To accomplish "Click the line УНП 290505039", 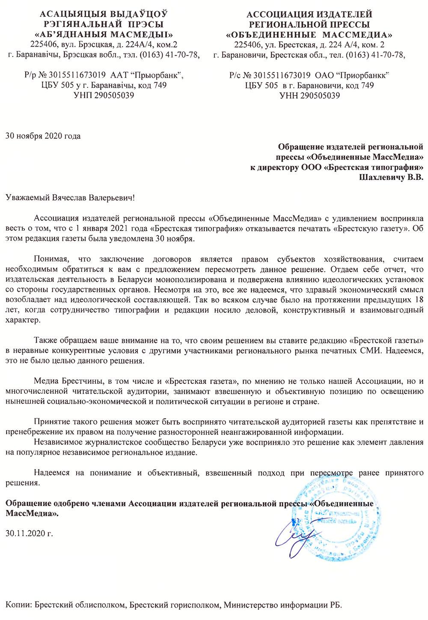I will point(104,95).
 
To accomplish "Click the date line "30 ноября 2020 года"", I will point(42,137).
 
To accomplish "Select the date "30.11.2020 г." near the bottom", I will point(30,534).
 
